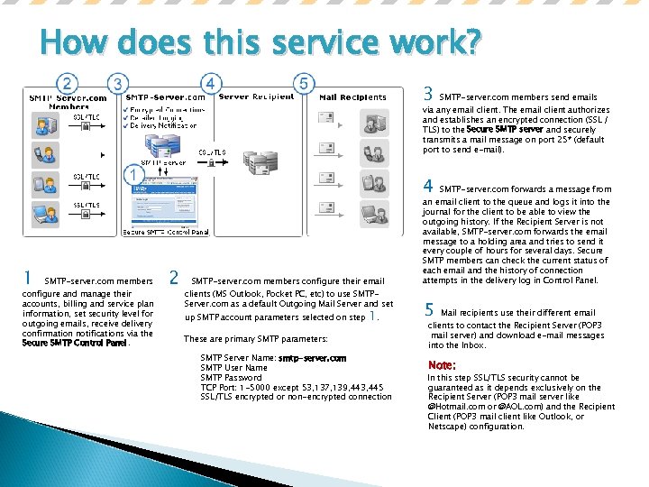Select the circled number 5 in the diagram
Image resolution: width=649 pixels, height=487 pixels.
coord(305,84)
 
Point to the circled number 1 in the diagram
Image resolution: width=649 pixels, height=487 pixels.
coord(132,172)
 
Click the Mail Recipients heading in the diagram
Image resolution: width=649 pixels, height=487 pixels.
coord(352,97)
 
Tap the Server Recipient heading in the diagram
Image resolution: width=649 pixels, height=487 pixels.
coord(256,96)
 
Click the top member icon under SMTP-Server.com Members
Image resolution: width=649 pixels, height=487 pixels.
coord(42,126)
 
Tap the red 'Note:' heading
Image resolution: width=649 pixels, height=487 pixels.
coord(442,365)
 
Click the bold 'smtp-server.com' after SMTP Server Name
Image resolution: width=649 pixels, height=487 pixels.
coord(312,358)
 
